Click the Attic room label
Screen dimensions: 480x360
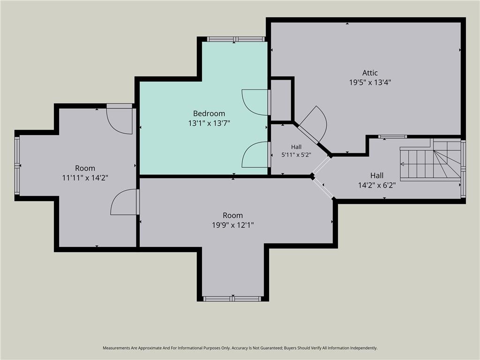coord(370,73)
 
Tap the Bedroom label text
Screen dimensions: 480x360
coord(209,113)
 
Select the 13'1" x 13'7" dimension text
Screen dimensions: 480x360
coord(209,123)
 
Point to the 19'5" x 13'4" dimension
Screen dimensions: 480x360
coord(370,82)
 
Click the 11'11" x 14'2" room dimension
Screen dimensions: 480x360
coord(85,178)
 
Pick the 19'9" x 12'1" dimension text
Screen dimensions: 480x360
coord(233,225)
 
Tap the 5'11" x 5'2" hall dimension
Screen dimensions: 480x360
coord(296,155)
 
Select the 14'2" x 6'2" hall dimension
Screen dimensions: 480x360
coord(377,185)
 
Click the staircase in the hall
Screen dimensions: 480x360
coord(430,160)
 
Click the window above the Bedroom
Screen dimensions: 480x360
coord(235,39)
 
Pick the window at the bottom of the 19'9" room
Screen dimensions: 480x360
coord(232,299)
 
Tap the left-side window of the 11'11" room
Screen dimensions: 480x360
coord(17,165)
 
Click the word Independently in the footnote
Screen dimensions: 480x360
coord(364,348)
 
